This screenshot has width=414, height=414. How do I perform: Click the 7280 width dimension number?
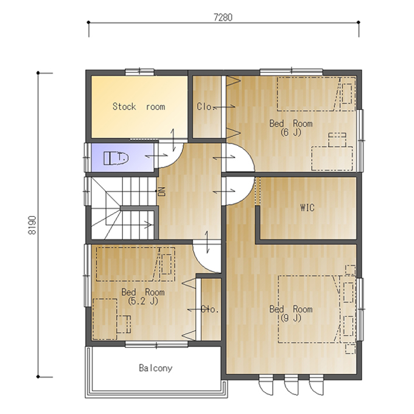coord(223,18)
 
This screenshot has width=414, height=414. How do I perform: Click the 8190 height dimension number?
coord(32,225)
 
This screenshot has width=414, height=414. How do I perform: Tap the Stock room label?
coord(139,107)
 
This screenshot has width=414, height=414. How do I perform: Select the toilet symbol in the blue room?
coord(116,158)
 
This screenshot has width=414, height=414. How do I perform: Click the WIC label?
coord(307,208)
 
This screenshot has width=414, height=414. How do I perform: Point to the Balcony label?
coord(155,368)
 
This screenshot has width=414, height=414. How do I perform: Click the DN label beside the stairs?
coord(161,191)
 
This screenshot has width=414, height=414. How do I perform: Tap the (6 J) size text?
coord(290,132)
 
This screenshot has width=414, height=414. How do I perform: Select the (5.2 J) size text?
coord(142,301)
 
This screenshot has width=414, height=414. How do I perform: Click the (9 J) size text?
coord(290,318)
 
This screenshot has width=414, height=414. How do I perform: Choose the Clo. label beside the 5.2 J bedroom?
coord(210,309)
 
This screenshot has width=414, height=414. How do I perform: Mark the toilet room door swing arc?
coord(177,160)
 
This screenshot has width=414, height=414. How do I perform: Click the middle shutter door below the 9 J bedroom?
coord(291,386)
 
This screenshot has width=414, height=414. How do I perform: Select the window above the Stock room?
coord(139,71)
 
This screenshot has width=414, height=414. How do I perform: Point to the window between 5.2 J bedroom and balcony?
coord(156,344)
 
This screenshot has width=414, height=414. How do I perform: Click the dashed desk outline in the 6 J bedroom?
coord(332,158)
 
